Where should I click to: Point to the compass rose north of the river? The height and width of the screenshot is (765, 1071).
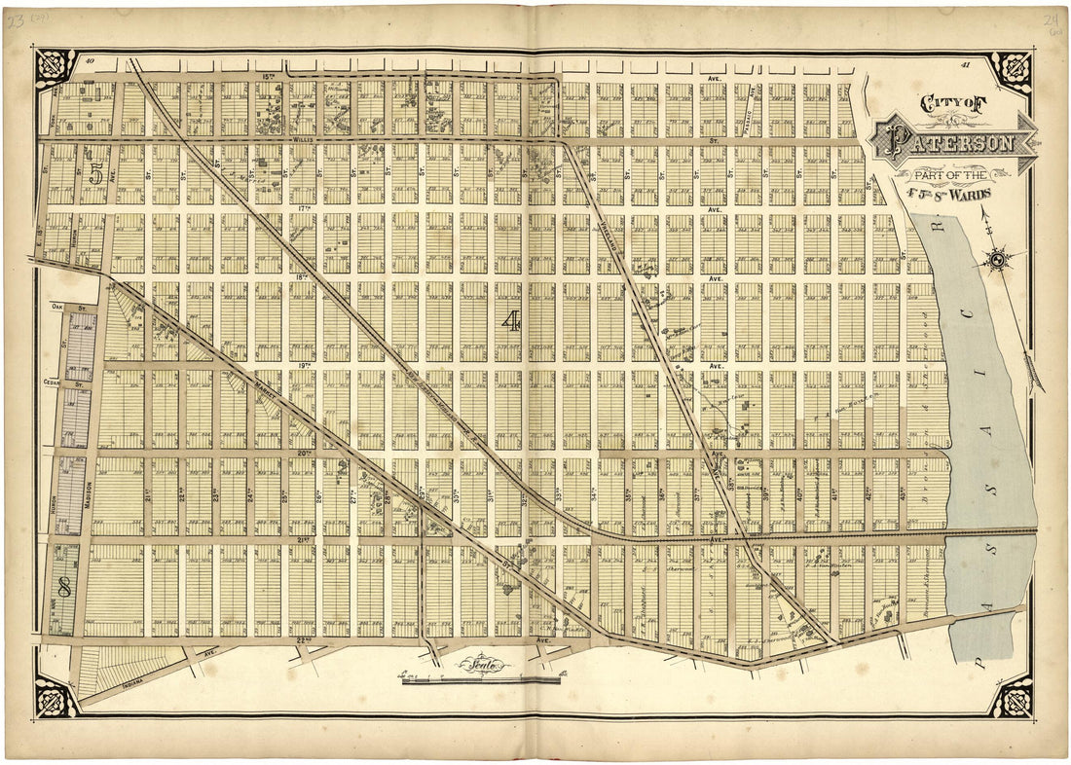999,258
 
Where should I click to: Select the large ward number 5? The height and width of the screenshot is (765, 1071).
95,175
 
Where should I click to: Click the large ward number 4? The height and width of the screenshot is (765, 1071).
510,322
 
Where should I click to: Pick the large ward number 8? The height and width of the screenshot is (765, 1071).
65,588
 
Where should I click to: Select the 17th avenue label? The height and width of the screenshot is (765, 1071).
304,207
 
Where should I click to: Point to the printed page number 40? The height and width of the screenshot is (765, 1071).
89,62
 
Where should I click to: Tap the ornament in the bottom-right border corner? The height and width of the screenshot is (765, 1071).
1013,698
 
